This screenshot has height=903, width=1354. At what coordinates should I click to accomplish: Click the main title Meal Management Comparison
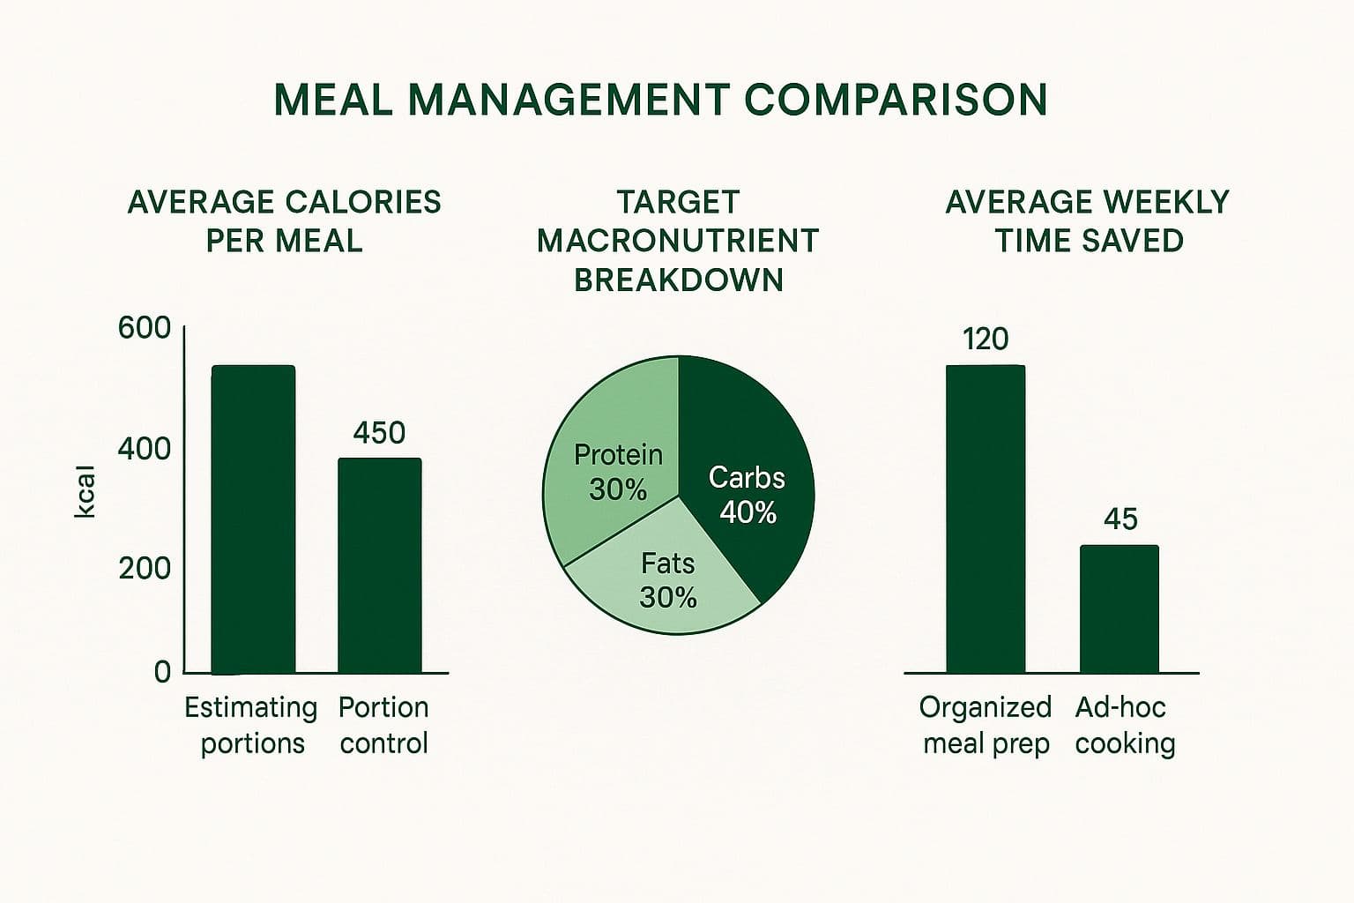pos(660,100)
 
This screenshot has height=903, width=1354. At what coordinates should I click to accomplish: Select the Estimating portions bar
pos(253,519)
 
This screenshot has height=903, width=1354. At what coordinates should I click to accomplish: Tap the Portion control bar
pos(380,565)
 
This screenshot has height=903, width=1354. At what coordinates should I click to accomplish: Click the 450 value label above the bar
pos(379,433)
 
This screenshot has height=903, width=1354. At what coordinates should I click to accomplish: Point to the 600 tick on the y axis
pos(145,328)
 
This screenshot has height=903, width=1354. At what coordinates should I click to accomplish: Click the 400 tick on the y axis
pos(145,449)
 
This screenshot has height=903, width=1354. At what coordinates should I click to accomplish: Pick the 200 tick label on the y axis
pos(145,568)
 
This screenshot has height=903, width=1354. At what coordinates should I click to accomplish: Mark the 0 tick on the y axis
pos(162,672)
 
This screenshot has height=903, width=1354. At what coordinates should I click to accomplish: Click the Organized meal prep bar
pos(986,519)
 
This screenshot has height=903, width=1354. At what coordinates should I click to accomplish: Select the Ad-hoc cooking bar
pos(1120,609)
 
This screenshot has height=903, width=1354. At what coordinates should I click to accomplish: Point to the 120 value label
pos(986,340)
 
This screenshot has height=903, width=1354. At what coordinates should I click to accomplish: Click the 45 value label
pos(1120,519)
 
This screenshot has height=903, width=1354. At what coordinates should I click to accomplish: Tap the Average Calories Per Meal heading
pos(284,220)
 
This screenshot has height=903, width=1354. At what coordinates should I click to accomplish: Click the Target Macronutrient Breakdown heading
pos(678,241)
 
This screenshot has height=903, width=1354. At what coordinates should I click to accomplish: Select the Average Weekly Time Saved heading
pos(1088,220)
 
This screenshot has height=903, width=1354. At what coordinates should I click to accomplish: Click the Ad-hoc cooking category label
pos(1124,725)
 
